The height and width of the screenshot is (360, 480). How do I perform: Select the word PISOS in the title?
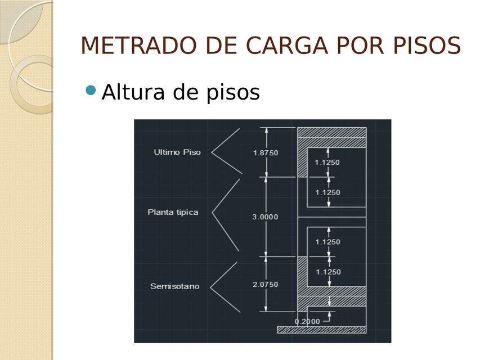427,46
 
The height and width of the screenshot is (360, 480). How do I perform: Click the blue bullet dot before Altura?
91,90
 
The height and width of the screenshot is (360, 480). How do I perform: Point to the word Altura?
133,92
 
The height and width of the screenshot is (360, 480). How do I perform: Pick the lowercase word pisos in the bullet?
232,93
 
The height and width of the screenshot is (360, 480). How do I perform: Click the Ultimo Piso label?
177,152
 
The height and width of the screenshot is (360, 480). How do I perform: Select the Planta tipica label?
173,212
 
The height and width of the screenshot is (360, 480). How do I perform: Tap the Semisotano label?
175,286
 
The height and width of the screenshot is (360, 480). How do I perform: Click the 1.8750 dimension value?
266,153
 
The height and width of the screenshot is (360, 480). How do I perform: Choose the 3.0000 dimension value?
265,217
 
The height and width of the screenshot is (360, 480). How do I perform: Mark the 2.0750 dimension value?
266,285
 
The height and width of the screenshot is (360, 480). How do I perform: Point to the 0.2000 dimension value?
307,321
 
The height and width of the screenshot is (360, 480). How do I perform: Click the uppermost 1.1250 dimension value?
328,162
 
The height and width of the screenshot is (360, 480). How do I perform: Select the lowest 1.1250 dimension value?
328,272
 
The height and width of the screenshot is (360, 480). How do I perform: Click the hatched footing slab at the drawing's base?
321,330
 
